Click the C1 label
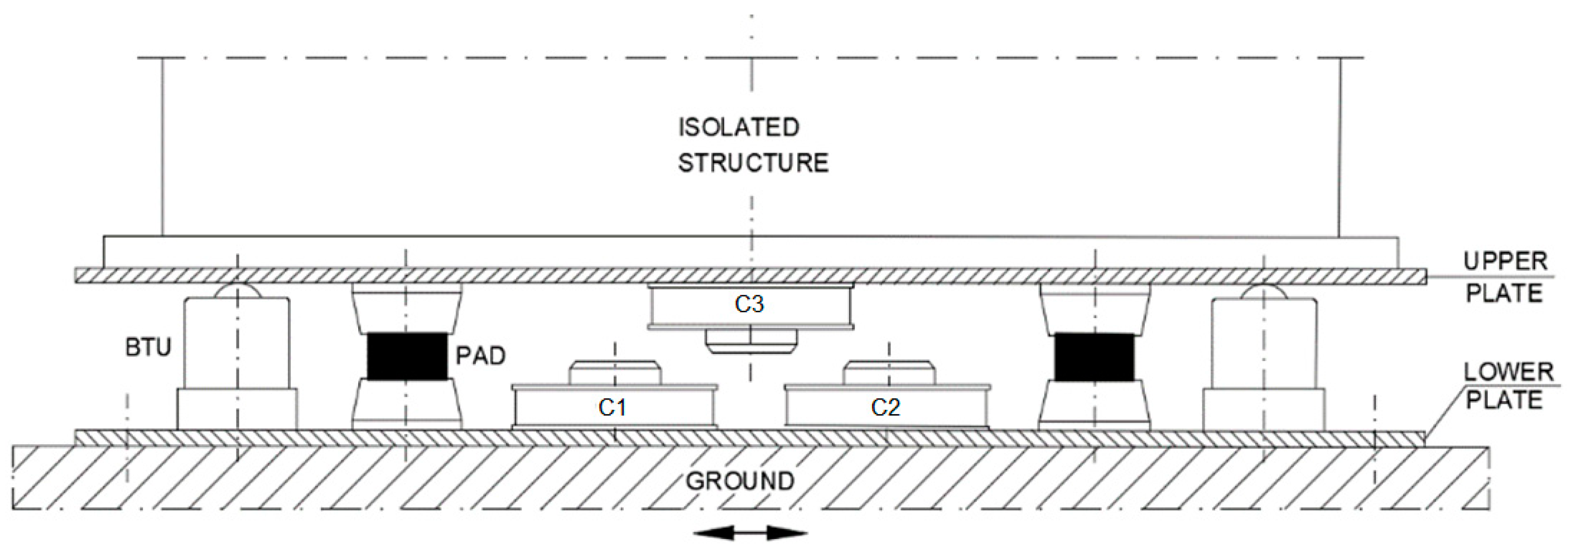[612, 407]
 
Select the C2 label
[885, 407]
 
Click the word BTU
[148, 348]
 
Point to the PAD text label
[480, 356]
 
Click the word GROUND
[740, 481]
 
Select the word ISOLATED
[739, 127]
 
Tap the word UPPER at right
[1505, 262]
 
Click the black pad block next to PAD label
[407, 357]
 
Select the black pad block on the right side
[1094, 357]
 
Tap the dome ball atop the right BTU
[1263, 291]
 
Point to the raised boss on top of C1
[615, 373]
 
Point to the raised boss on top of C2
[889, 373]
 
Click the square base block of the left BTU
[237, 409]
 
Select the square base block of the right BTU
[1263, 410]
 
